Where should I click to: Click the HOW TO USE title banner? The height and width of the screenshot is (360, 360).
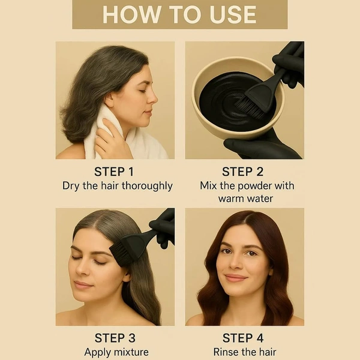[x=180, y=14]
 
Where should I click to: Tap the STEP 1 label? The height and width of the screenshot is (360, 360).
[x=114, y=172]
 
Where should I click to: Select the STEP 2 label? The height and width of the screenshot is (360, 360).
[x=242, y=172]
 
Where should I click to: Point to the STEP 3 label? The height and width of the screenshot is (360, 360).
[x=115, y=338]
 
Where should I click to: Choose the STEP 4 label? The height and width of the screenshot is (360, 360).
[x=243, y=338]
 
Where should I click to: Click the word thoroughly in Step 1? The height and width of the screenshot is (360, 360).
[x=147, y=186]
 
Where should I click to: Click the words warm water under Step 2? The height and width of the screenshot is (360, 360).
[x=245, y=199]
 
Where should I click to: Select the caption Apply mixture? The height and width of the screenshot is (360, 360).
[x=116, y=352]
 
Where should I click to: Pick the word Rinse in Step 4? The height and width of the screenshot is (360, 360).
[x=224, y=352]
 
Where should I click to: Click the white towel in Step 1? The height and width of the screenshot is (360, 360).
[x=119, y=136]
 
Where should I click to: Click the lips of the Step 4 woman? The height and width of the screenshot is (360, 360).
[x=235, y=278]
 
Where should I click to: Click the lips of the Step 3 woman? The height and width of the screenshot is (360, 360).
[x=83, y=284]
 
